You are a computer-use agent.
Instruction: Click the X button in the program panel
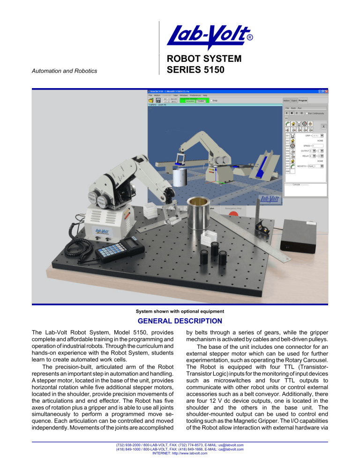(x=323, y=127)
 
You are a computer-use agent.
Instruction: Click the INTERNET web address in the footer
(x=180, y=453)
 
